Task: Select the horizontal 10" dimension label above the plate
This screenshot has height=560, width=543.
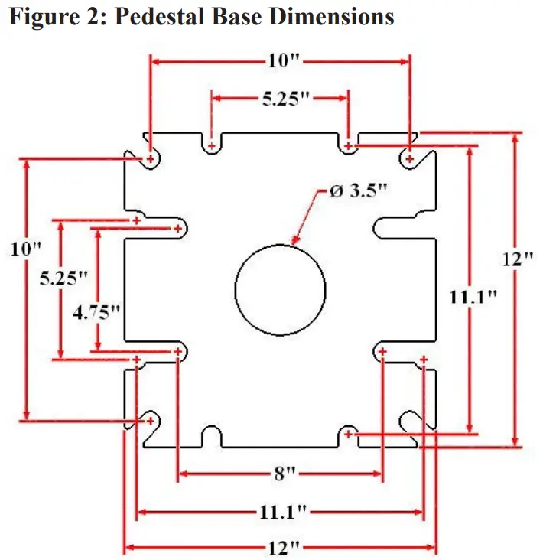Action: point(280,59)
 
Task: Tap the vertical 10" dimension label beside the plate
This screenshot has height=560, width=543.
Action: point(26,248)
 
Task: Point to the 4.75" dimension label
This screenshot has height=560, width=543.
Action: point(97,311)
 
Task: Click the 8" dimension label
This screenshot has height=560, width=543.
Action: point(280,474)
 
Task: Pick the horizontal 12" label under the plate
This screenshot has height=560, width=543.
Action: point(280,547)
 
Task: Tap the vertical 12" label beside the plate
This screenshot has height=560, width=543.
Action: point(517,259)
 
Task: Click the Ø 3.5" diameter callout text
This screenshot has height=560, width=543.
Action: point(358,191)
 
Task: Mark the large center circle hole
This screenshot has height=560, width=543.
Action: point(280,288)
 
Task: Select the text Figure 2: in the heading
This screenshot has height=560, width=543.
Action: point(46,17)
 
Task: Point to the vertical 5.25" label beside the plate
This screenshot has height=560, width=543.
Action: point(59,278)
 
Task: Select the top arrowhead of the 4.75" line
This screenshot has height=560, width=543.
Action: point(97,232)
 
